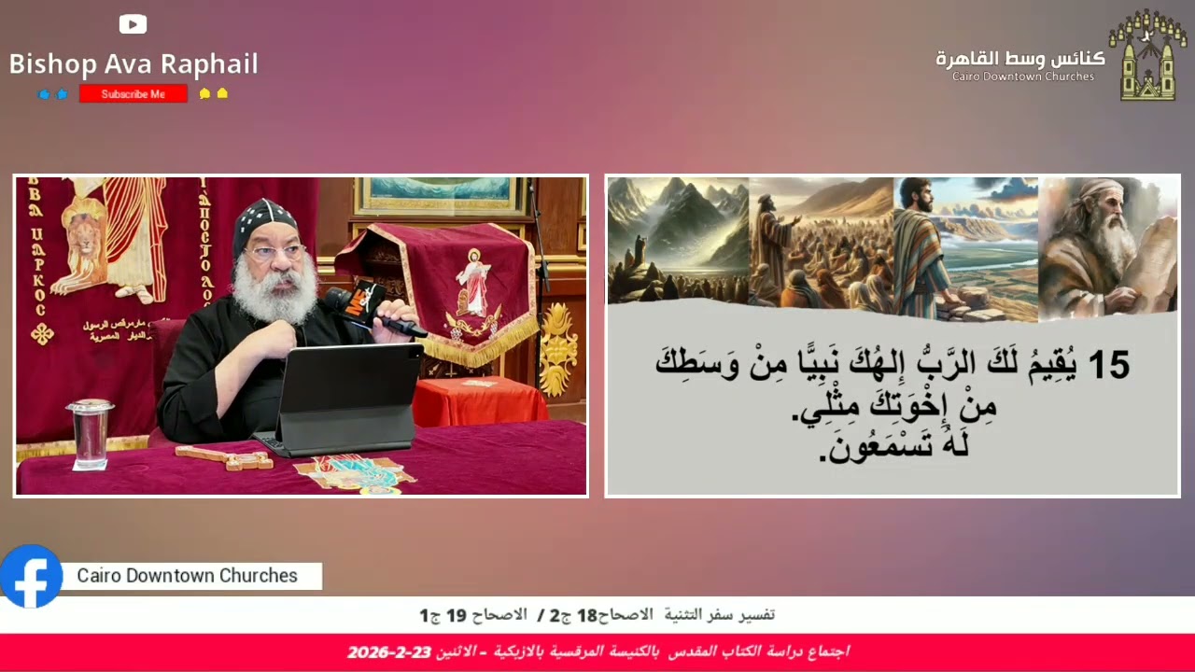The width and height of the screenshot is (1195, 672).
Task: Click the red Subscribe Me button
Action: pos(133,93)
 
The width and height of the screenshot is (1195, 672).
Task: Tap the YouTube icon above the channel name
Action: pos(133,24)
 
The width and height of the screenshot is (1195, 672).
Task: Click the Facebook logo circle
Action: pos(31,576)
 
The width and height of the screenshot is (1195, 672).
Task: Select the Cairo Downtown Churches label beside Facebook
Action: pos(187,576)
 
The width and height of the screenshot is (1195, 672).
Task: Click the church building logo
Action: pos(1146,55)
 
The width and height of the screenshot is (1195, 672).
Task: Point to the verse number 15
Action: pos(1108,365)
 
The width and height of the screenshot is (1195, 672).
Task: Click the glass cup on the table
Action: pos(90,434)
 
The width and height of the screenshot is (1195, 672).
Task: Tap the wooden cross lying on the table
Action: pos(224,457)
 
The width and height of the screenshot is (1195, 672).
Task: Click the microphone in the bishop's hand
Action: pos(369,308)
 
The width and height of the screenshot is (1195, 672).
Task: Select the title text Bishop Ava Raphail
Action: pos(134,63)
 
